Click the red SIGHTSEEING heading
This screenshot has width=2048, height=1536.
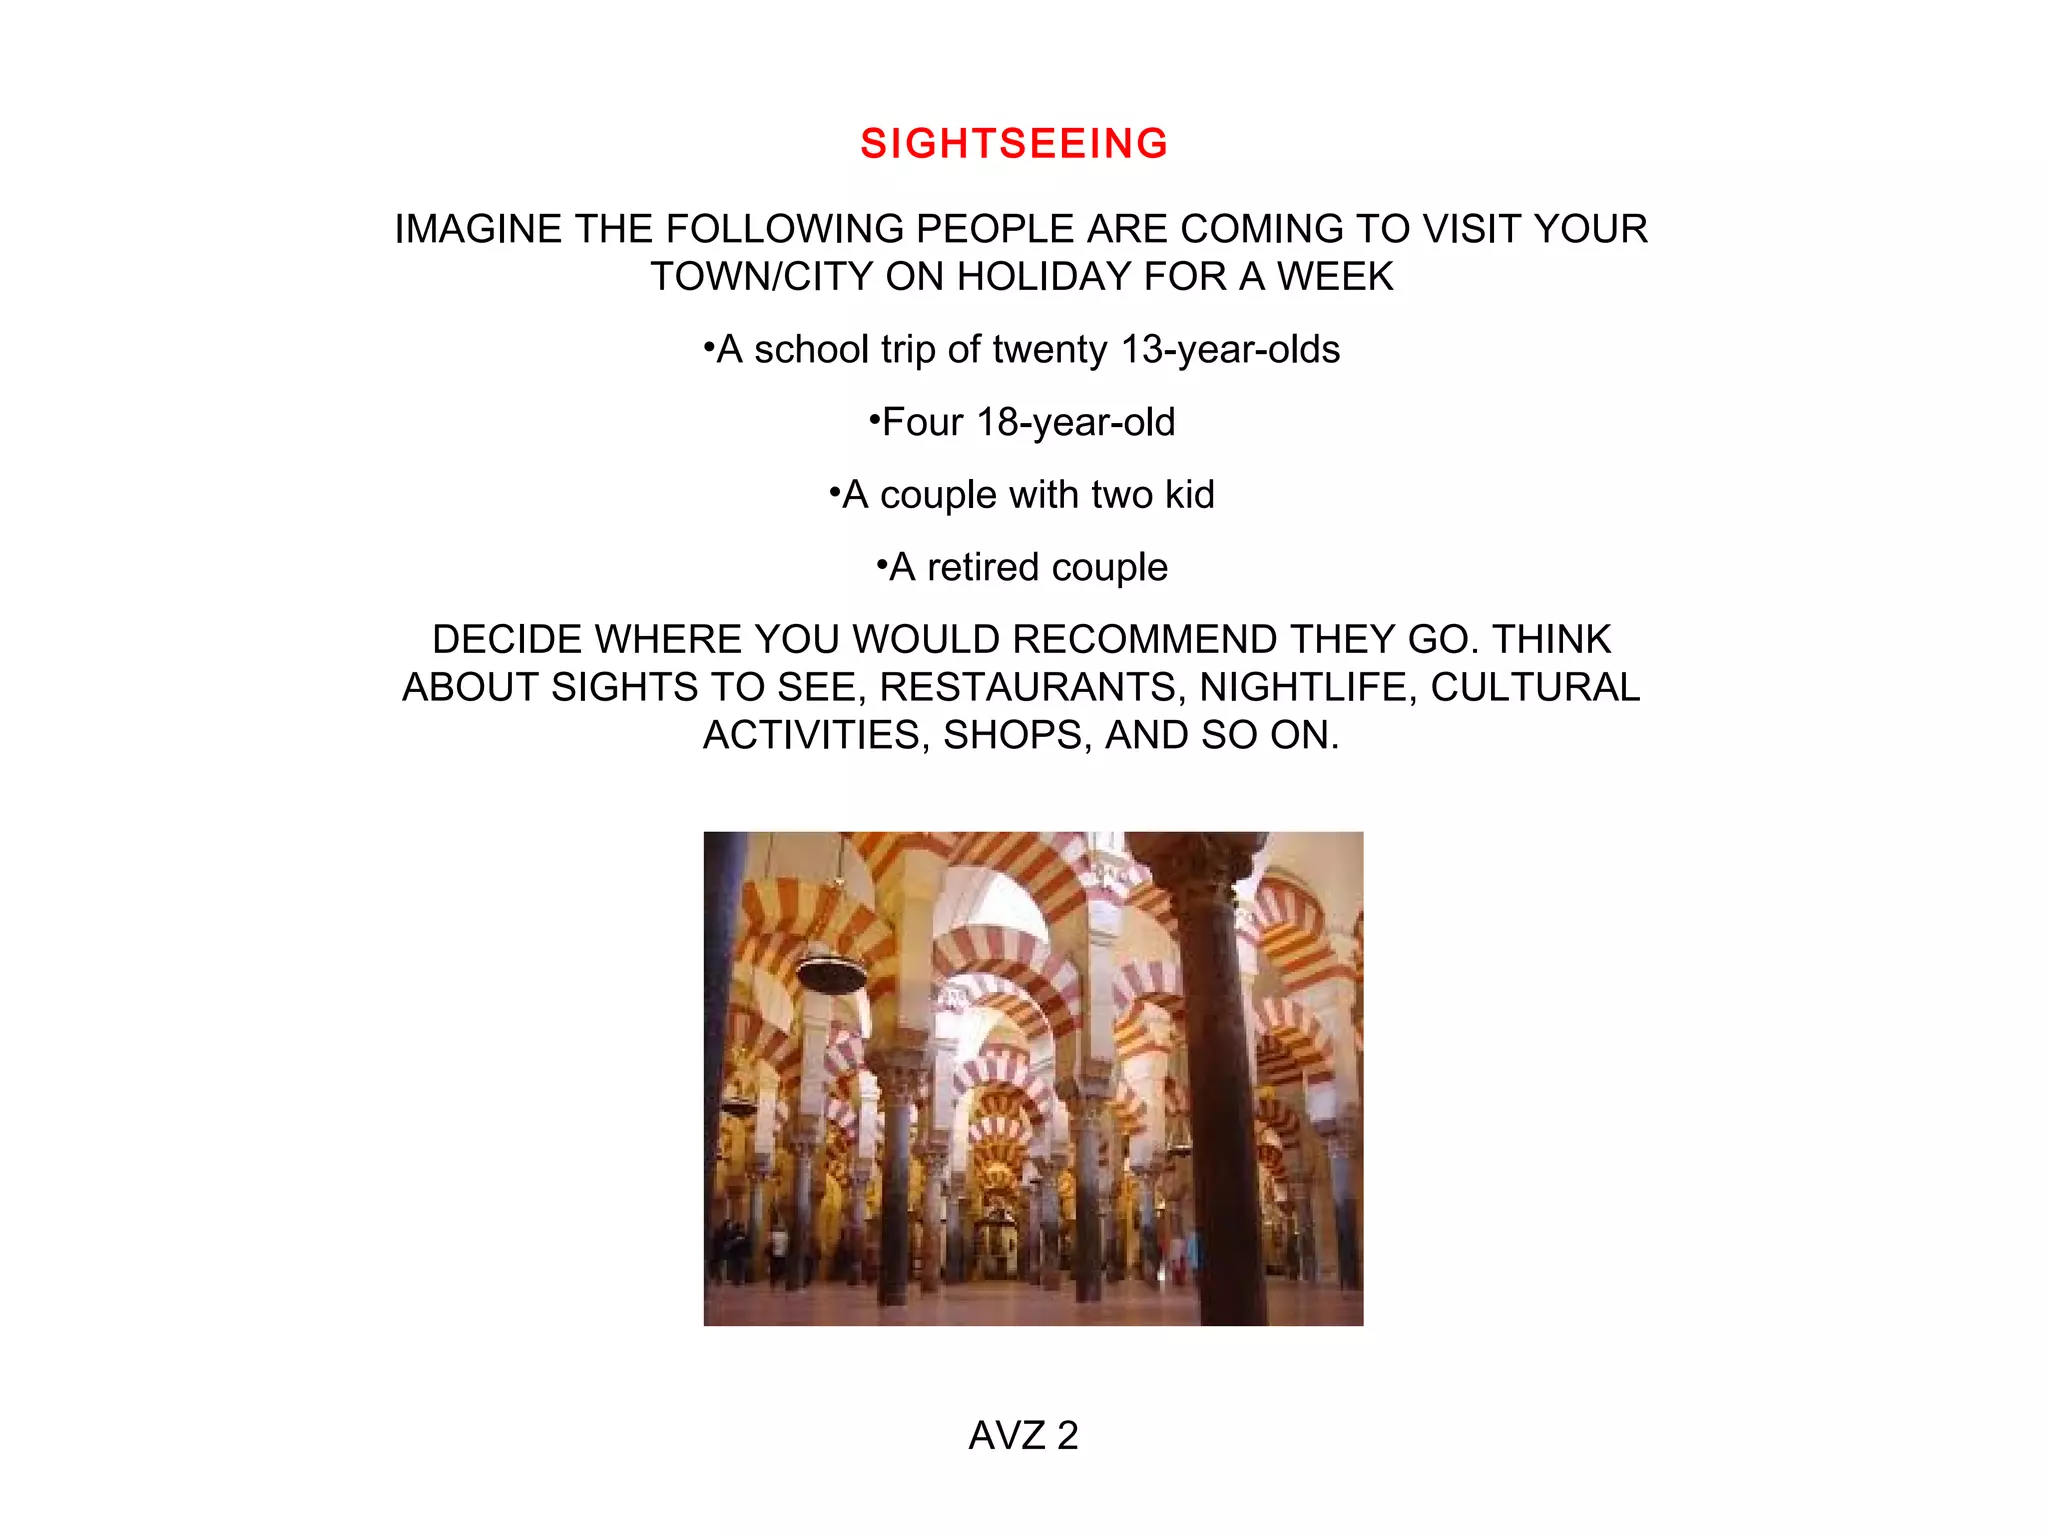(1014, 144)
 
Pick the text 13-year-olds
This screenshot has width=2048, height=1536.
(1230, 350)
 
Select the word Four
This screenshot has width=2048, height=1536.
(922, 423)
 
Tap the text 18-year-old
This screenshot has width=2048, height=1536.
(1076, 423)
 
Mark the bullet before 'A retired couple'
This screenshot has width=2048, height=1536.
(881, 566)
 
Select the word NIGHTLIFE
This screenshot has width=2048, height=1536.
(1308, 688)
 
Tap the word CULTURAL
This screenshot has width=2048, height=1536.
(1535, 688)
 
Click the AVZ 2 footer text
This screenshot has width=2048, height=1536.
(1023, 1436)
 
